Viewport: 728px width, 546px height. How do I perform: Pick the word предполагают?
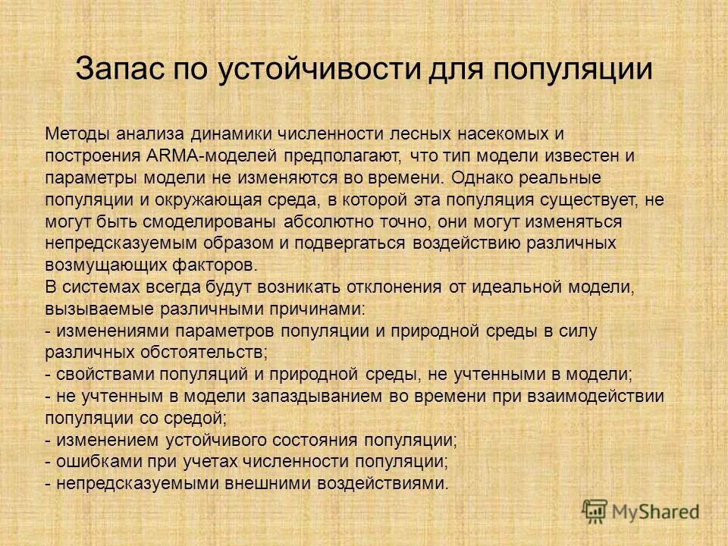pyautogui.click(x=344, y=156)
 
